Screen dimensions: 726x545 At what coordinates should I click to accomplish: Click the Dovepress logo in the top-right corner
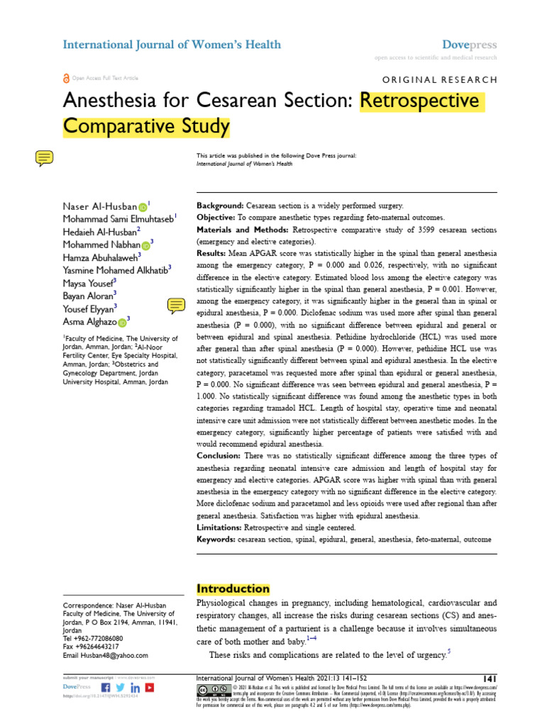point(469,45)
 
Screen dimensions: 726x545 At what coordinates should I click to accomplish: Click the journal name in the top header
point(172,45)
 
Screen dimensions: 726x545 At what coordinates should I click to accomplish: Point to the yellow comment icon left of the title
point(44,158)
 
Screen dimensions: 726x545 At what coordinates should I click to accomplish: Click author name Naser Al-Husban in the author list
point(99,206)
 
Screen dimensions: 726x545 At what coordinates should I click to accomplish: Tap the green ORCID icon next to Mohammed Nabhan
point(145,245)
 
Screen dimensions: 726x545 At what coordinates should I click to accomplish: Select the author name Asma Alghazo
point(89,321)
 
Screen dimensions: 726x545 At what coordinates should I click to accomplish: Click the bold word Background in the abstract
point(220,203)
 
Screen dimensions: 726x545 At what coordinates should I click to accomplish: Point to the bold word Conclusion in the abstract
point(219,455)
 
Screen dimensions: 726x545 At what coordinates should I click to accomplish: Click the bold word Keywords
point(216,540)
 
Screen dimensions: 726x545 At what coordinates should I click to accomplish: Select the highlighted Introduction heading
point(233,588)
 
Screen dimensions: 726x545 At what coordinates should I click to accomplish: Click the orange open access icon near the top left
point(67,78)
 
